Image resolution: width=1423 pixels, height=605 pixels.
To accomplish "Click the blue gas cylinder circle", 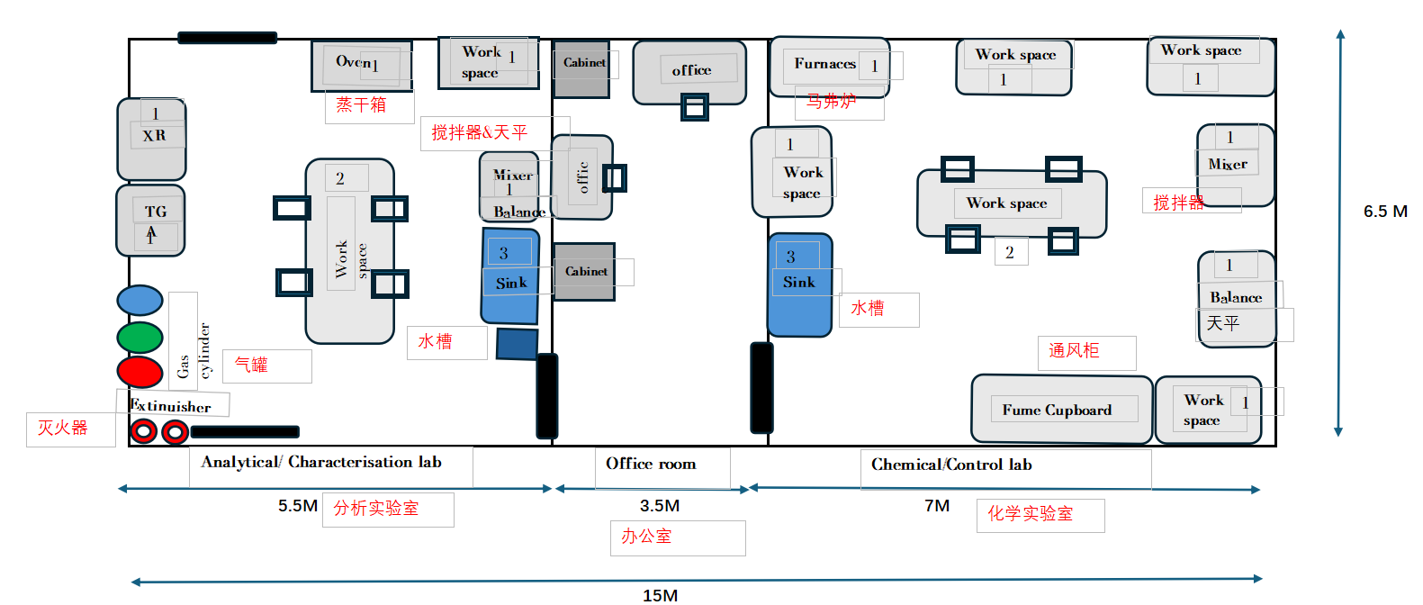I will coord(140,301).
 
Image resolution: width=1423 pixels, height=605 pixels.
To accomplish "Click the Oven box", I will coord(361,65).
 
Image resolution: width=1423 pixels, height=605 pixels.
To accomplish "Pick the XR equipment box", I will coord(151,139).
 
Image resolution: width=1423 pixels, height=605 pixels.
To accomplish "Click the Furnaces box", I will coord(829,66).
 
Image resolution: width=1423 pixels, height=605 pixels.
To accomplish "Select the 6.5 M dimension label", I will coord(1385,212).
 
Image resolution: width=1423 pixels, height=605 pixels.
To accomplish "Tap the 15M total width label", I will coord(660,595).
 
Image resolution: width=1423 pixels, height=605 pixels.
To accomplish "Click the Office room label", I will coord(651,464).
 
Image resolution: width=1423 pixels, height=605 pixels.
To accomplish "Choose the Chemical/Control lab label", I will coord(951,465).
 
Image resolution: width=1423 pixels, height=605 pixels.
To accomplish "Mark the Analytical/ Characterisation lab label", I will coord(321,462).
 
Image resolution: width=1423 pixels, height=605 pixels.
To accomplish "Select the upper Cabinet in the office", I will coord(581,68).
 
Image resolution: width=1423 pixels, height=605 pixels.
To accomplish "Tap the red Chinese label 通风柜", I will coord(1074,350).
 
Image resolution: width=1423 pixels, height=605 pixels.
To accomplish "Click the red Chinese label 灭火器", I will coord(62,428).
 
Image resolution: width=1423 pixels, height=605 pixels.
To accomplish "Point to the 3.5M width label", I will coord(660,506).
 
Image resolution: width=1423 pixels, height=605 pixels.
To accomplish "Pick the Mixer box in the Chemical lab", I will coord(1235,165).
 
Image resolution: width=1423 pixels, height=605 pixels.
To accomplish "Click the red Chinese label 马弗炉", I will coord(831,101).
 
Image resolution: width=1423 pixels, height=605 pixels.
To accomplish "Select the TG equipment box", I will coord(151,220).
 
